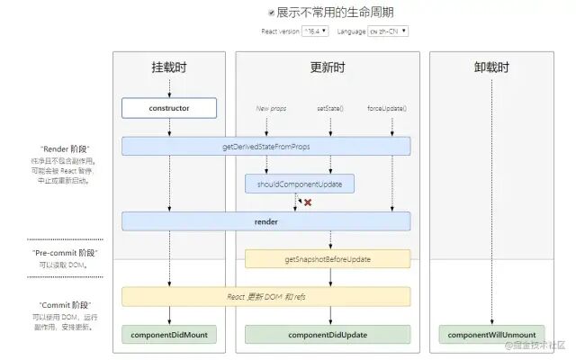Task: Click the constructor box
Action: (x=169, y=109)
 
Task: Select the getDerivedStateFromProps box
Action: (x=265, y=146)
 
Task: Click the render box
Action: (x=265, y=221)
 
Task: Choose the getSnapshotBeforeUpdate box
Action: (x=328, y=259)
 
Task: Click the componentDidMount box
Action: (x=169, y=335)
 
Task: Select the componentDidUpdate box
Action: (x=328, y=335)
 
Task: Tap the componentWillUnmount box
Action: (x=491, y=335)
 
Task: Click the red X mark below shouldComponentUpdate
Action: (x=308, y=202)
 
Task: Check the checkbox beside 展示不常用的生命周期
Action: (x=271, y=13)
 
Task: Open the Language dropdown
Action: (x=388, y=31)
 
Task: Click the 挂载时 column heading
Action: (x=169, y=68)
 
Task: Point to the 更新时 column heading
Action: (x=328, y=68)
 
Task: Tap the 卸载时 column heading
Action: (x=491, y=68)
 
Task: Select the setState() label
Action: (x=329, y=108)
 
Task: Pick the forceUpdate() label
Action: (x=387, y=108)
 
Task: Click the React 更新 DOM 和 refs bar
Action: (x=265, y=296)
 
